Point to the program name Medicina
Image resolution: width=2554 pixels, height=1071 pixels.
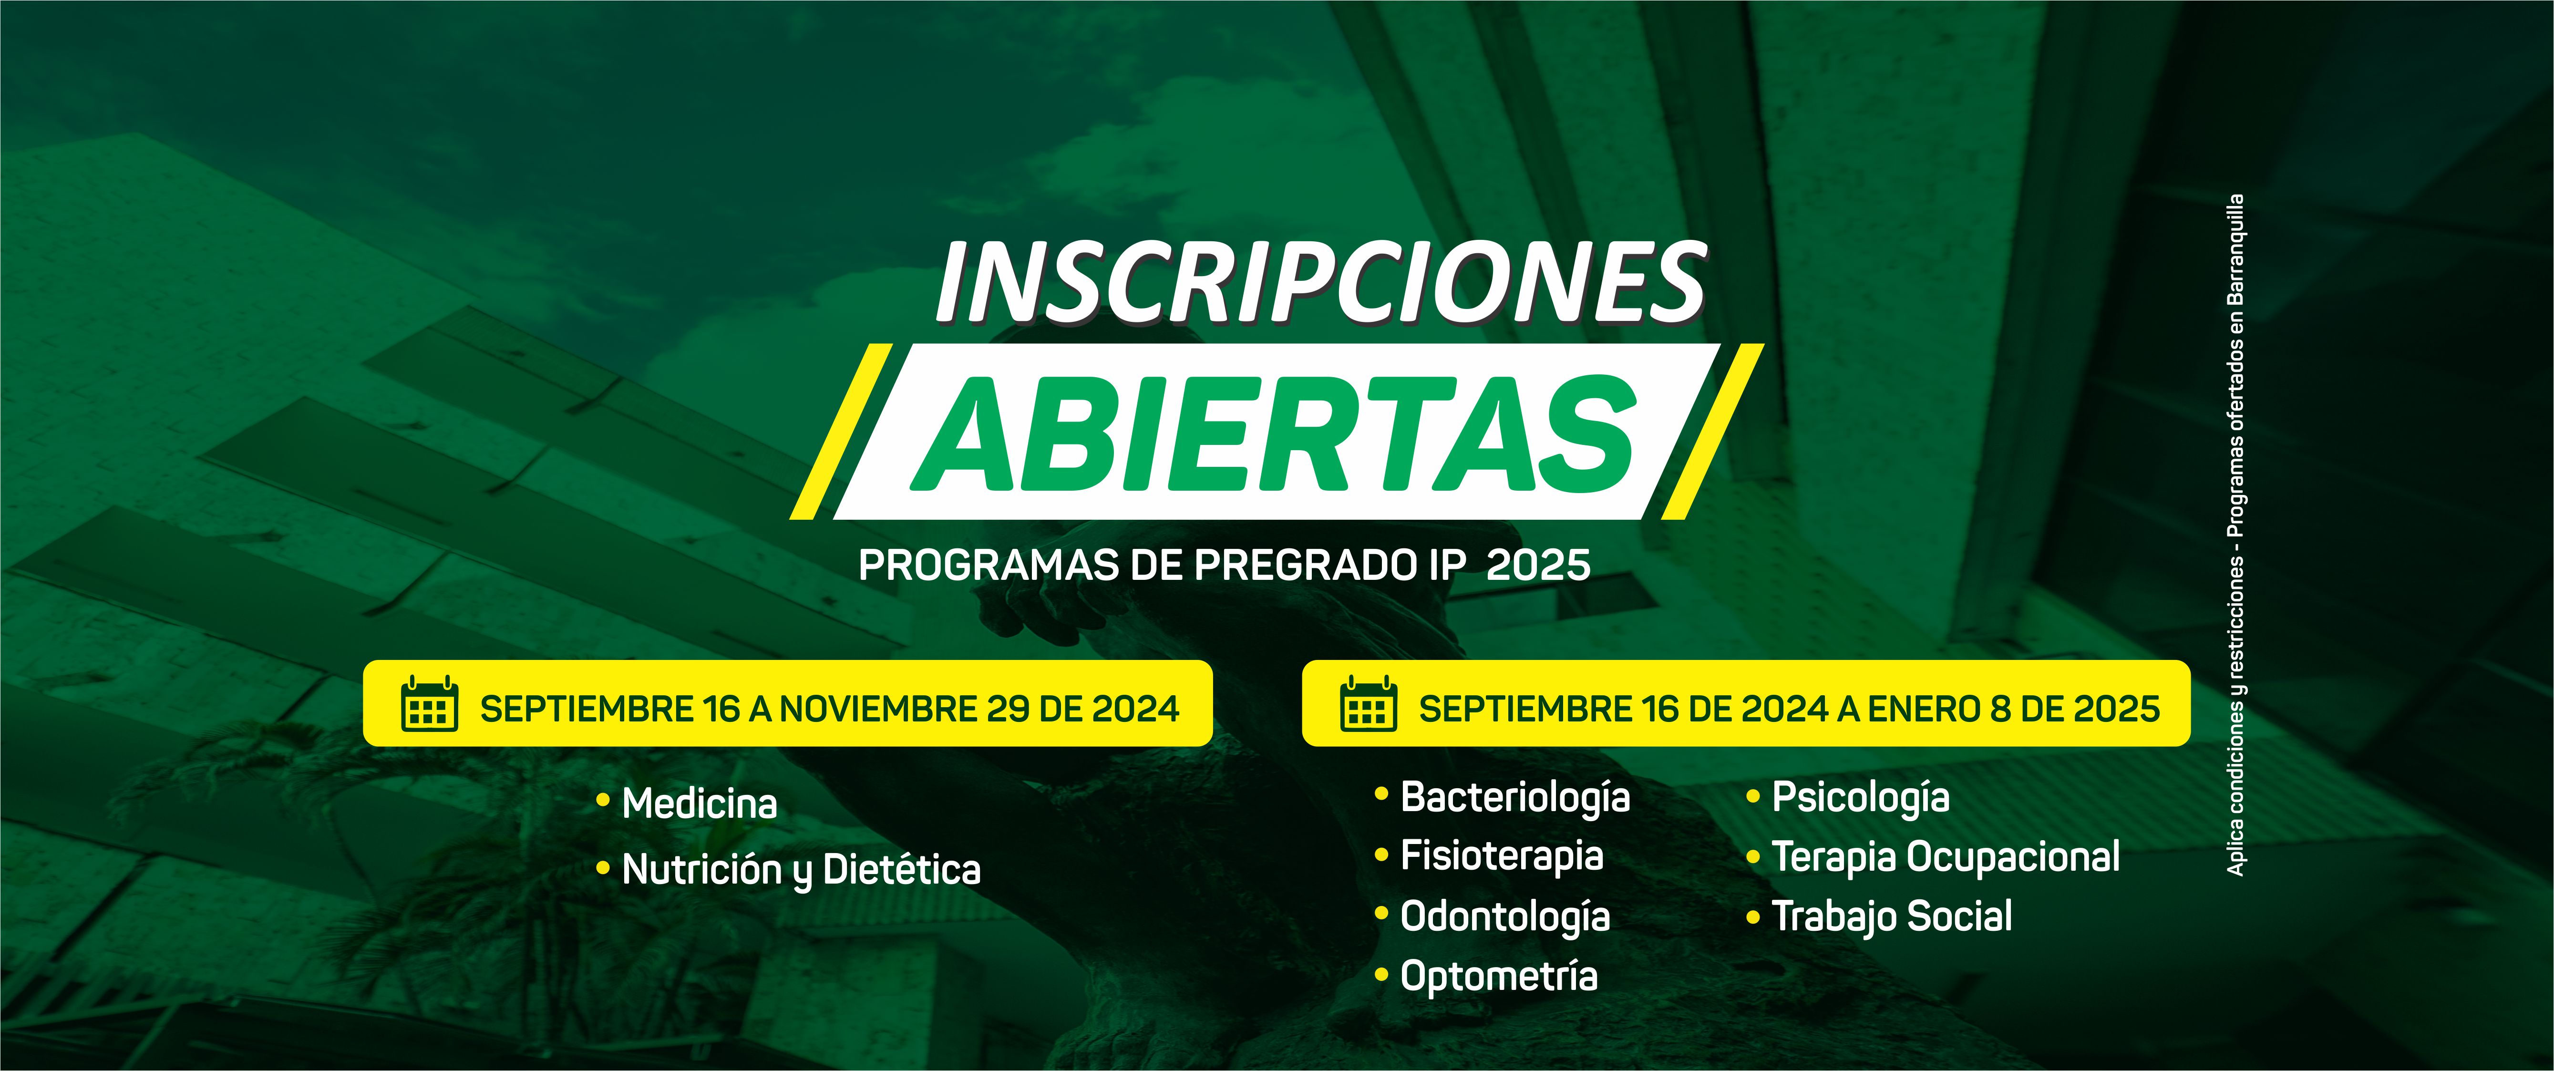click(x=699, y=803)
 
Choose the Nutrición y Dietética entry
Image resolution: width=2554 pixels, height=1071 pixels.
click(x=801, y=870)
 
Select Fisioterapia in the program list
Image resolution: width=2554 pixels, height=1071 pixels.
click(x=1501, y=856)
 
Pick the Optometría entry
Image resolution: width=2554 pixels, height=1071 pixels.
click(x=1498, y=976)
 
